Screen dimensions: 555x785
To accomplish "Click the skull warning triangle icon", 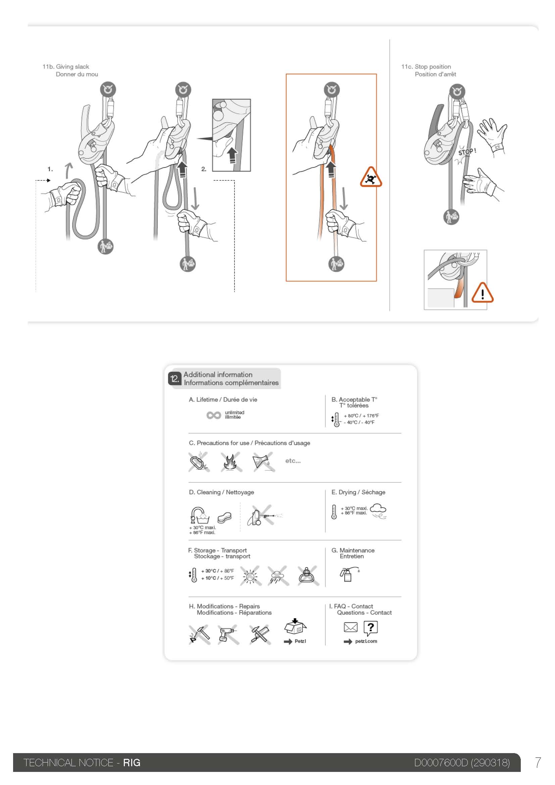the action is point(371,177).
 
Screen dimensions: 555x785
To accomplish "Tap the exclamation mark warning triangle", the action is point(482,293).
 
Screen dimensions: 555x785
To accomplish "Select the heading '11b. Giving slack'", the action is point(66,67).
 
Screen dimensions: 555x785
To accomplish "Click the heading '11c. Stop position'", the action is point(426,67).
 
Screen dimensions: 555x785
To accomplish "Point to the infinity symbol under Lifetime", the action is point(214,415).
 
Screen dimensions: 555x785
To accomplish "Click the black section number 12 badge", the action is point(174,379).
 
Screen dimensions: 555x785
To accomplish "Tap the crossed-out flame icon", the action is point(232,462).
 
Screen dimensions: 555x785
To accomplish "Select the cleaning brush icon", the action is point(224,517).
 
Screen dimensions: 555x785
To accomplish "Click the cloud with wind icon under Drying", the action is point(378,511).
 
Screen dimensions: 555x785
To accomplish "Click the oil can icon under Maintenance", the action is point(349,574).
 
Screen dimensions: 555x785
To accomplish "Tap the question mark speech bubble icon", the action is point(371,628).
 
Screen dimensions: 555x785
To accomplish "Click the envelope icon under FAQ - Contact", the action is point(351,627).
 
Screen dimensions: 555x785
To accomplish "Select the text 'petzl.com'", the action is point(366,641).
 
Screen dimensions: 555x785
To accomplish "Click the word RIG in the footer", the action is point(132,763).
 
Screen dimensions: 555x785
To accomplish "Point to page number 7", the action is point(538,763).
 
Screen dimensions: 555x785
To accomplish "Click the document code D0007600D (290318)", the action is point(462,763).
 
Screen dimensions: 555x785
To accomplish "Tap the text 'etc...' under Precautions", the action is point(293,461).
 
